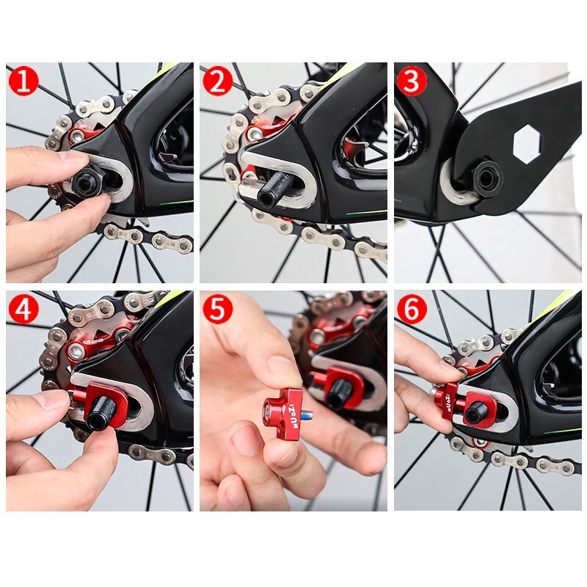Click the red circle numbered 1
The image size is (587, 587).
tap(23, 81)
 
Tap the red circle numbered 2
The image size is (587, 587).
tap(217, 81)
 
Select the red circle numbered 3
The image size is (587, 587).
tap(412, 81)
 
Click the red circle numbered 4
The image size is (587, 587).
tap(23, 309)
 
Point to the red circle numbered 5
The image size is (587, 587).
tap(217, 309)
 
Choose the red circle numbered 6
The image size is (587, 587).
tap(412, 309)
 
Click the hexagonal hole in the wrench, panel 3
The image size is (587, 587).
tap(526, 143)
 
